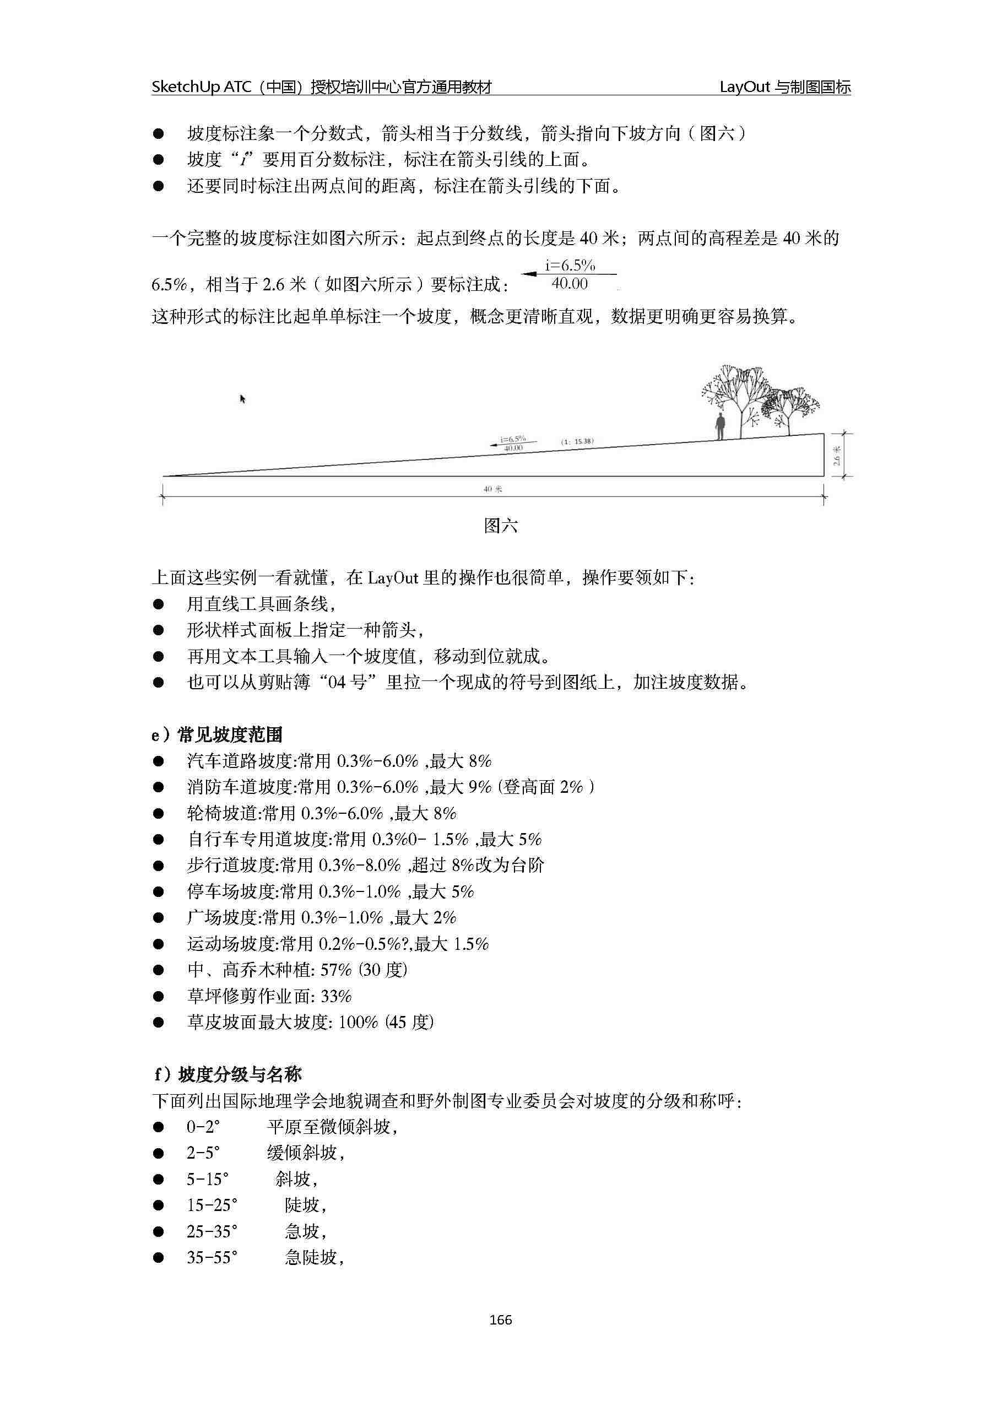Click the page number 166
pos(500,1320)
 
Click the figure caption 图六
pos(500,526)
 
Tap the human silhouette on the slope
pos(719,427)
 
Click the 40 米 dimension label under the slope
pos(492,489)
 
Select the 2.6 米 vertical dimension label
pos(837,456)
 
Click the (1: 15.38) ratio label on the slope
pos(577,442)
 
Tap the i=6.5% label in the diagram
pos(513,439)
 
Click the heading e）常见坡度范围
pos(217,735)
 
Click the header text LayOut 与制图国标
pos(785,87)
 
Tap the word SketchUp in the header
pos(185,87)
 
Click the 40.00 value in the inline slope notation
pos(570,284)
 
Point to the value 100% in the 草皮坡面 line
pos(358,1023)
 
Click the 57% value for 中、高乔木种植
pos(335,970)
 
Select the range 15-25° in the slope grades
pos(212,1205)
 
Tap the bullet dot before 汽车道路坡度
pos(159,761)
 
